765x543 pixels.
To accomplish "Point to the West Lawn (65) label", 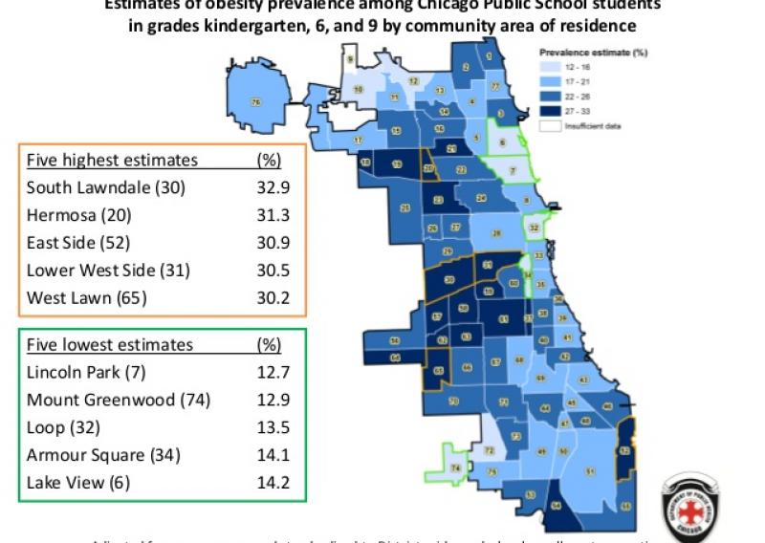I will (86, 298).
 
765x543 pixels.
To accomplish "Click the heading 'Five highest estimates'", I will (112, 160).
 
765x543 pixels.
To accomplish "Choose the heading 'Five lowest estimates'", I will (110, 344).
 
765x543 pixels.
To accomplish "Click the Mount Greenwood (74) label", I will (119, 400).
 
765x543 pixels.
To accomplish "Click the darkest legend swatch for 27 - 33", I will (551, 112).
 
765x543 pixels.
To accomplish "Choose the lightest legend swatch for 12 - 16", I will (551, 69).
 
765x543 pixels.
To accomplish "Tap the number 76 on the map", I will (255, 101).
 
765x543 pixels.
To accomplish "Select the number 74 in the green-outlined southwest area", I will (455, 467).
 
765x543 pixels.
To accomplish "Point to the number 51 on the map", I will (590, 471).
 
